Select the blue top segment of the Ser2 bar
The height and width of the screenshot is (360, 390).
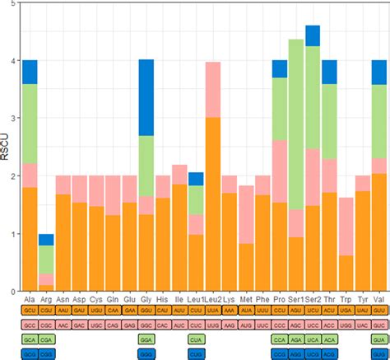[313, 35]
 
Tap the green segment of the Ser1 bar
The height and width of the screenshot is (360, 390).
[295, 124]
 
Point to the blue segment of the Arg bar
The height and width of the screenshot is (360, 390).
[47, 240]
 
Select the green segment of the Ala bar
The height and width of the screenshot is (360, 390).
[30, 124]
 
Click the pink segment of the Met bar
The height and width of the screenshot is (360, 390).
[246, 214]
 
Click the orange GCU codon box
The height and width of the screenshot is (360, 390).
[30, 311]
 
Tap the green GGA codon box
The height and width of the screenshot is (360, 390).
[146, 339]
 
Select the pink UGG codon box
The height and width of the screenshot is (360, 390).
[346, 325]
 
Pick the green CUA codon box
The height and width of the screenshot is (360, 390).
[196, 339]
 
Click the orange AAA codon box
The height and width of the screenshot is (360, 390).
[230, 311]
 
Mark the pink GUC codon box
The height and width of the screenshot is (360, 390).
[379, 325]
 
